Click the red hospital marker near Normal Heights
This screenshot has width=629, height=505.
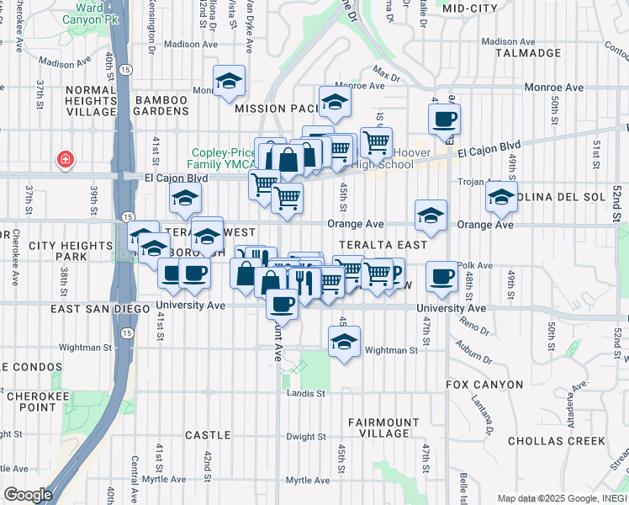(64, 159)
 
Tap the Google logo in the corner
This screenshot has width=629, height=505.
(28, 495)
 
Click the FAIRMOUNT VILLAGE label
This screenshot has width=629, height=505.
(383, 428)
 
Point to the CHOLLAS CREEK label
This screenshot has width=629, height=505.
(557, 440)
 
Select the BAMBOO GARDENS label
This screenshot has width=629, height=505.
(172, 106)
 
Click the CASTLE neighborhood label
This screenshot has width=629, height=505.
(208, 435)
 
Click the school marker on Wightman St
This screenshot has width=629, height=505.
(344, 342)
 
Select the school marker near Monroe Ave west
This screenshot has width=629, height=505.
(229, 81)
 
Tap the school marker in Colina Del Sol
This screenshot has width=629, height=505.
(502, 199)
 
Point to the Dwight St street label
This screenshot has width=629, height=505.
(305, 437)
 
